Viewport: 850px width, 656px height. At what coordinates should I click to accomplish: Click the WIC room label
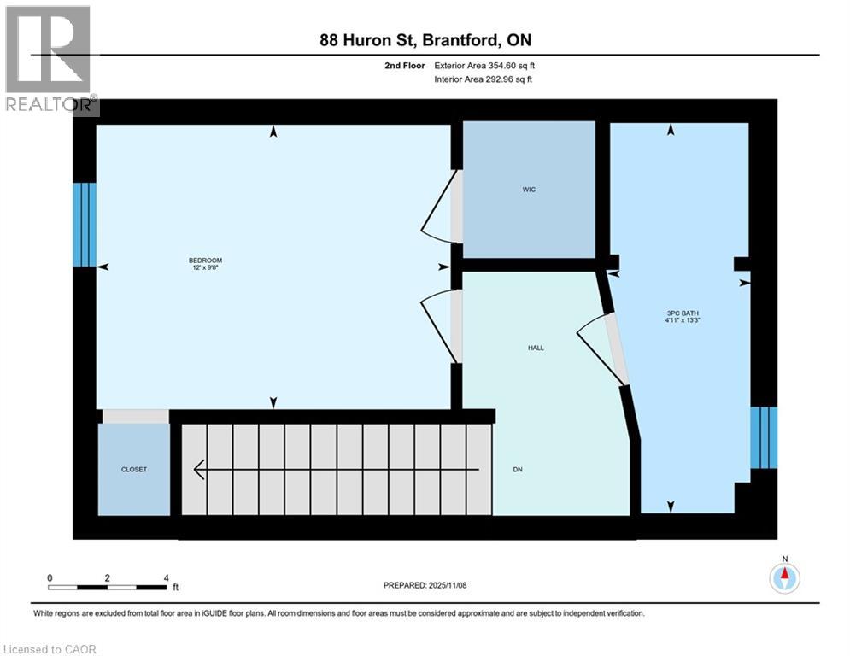point(529,190)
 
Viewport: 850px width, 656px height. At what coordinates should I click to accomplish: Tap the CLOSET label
point(134,469)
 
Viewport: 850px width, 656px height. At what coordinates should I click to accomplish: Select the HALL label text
point(536,348)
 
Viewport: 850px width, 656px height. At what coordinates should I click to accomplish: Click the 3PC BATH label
point(683,313)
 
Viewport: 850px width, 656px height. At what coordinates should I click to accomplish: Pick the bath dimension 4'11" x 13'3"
point(683,321)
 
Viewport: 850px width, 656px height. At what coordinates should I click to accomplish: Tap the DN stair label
point(518,469)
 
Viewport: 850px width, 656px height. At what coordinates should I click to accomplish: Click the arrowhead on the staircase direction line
point(200,469)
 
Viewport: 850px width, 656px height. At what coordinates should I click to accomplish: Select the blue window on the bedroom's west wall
point(84,225)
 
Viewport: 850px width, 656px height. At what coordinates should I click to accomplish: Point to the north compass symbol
point(783,577)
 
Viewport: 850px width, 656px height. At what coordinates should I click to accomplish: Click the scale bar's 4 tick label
point(166,577)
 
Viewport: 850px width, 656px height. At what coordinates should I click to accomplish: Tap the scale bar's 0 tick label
point(50,577)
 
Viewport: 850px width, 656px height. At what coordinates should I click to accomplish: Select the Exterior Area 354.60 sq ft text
point(484,65)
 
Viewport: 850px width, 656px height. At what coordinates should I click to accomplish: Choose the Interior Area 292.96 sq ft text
point(484,79)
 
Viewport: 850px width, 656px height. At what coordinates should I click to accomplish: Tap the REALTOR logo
point(50,60)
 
